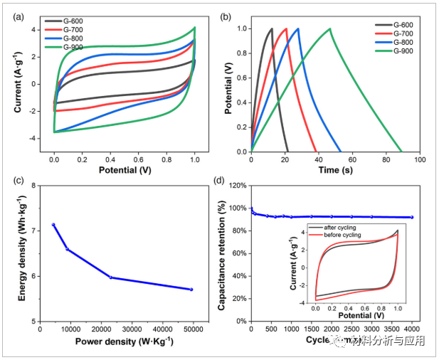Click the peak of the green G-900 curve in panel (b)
coord(330,29)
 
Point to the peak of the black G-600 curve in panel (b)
coord(272,29)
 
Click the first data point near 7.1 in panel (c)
coord(53,225)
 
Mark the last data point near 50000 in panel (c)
coord(191,289)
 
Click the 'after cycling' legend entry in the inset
coord(344,227)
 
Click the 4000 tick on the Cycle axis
coord(412,329)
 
